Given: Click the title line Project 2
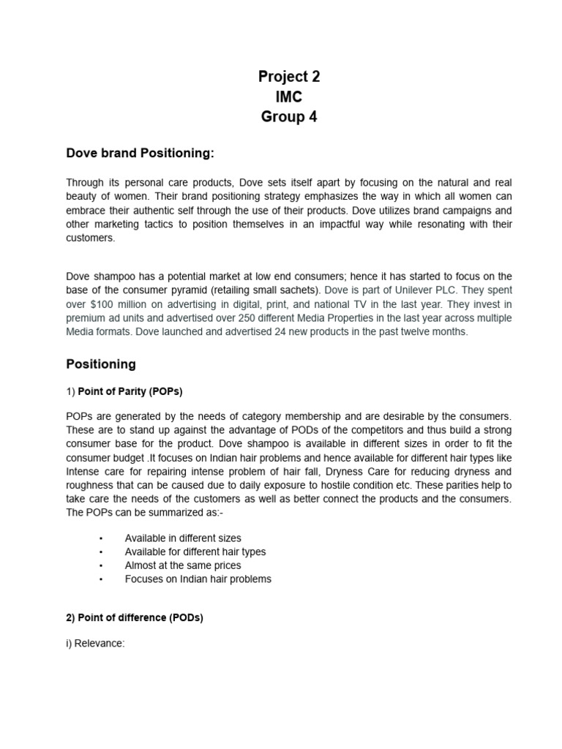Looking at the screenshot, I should (289, 77).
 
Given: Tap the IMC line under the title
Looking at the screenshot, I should (289, 97).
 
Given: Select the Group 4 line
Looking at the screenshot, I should (289, 116).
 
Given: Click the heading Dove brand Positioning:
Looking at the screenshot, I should (140, 153).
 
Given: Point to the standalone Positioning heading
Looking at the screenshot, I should (101, 364).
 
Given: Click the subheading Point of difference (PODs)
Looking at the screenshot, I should (135, 617).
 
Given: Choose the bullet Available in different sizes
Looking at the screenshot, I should (183, 538).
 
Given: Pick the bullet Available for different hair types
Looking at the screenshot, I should (195, 552).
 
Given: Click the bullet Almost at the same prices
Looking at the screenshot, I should (183, 565).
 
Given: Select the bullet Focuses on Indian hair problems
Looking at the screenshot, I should (198, 579).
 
